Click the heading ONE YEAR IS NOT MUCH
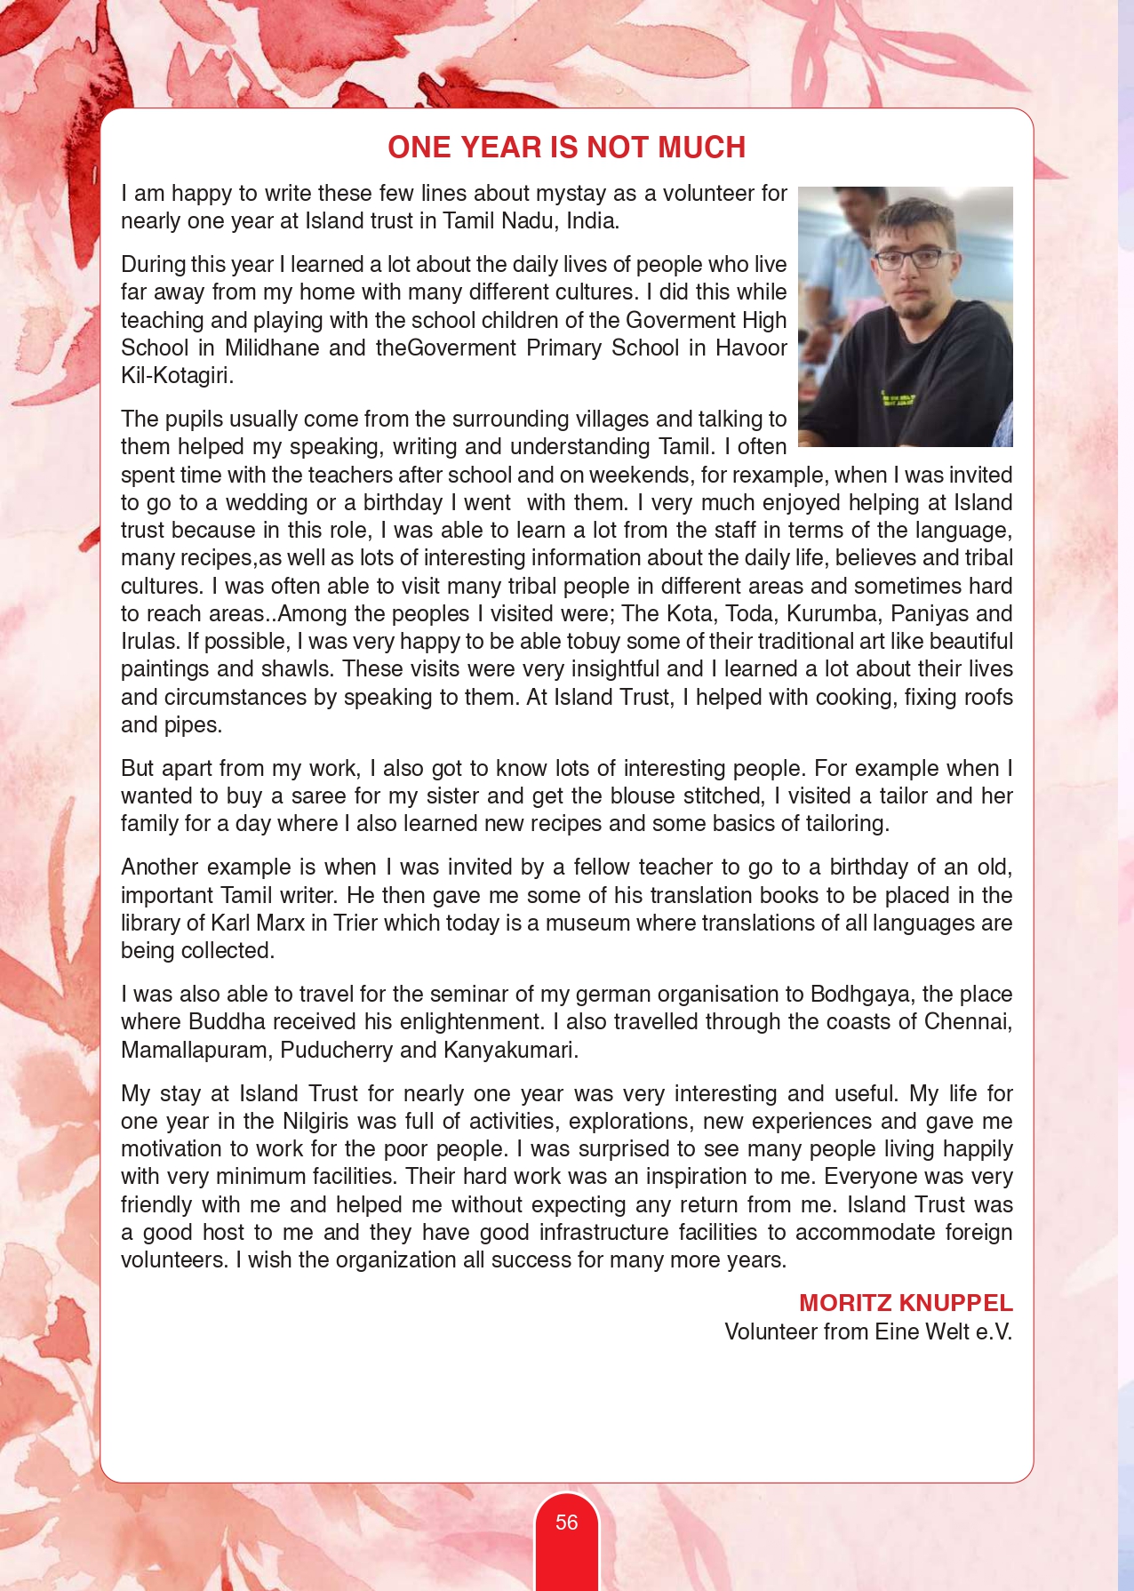566,148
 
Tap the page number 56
566,1523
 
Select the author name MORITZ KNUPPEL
906,1303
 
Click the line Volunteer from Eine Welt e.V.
868,1331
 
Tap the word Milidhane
272,348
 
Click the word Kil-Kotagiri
177,375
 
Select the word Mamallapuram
195,1050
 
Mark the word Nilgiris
315,1121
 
